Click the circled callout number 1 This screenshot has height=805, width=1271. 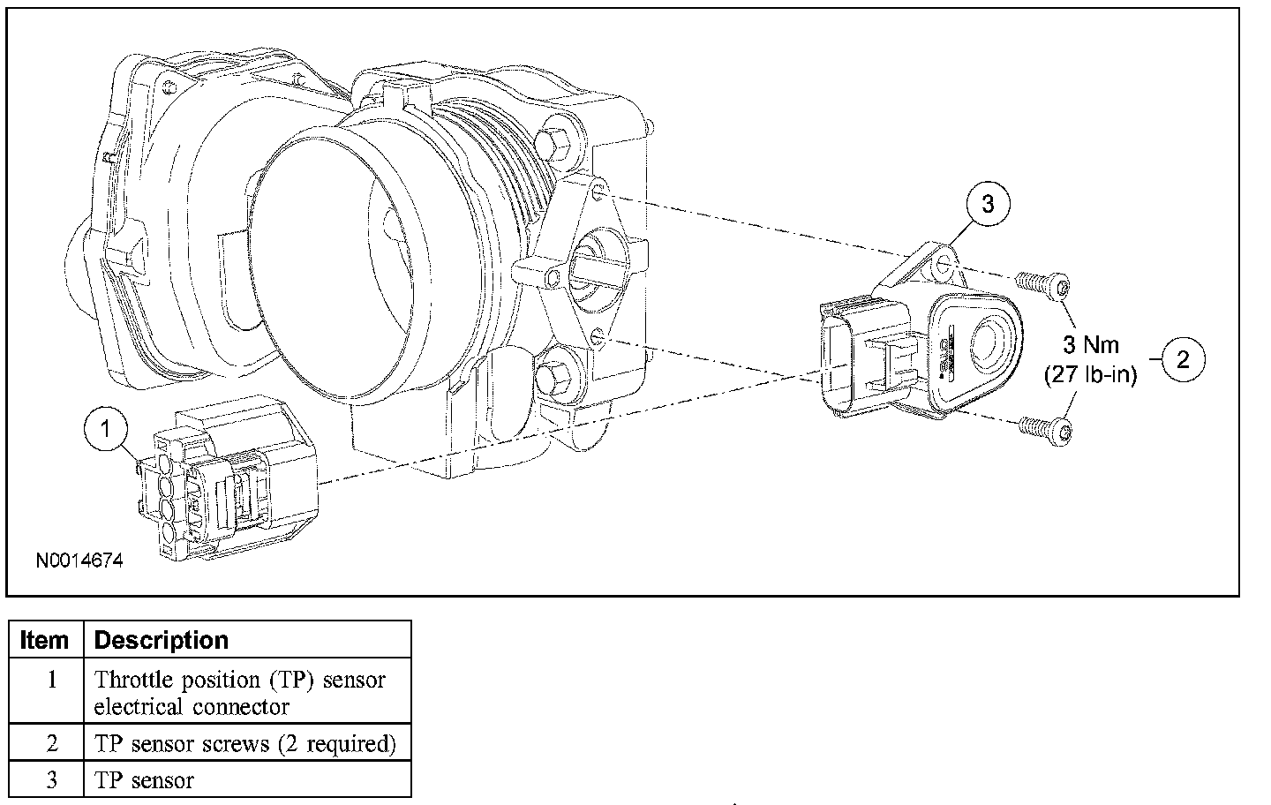click(107, 429)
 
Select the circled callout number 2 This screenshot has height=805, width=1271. click(1183, 359)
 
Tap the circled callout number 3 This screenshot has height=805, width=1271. click(987, 204)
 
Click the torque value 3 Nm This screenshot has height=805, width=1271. click(1090, 345)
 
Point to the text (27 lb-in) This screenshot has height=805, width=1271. click(1090, 375)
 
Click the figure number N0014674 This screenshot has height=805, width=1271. click(79, 560)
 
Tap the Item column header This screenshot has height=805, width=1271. click(44, 640)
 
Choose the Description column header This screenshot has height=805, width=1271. click(161, 640)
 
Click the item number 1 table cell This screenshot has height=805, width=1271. click(51, 680)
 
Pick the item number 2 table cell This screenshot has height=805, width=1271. click(51, 743)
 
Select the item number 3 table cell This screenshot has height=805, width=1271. click(51, 780)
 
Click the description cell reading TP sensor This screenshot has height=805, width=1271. click(144, 780)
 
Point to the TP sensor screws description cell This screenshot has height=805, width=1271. click(244, 743)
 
